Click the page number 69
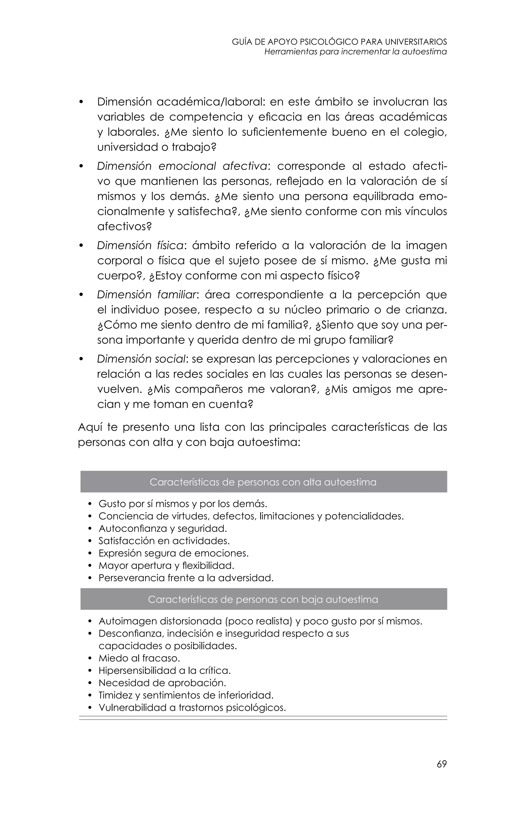point(441,764)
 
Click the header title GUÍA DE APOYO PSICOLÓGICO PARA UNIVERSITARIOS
point(339,42)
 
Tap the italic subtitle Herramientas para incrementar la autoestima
point(355,52)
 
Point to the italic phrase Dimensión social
point(142,359)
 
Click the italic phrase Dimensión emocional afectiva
point(182,166)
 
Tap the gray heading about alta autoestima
point(263,482)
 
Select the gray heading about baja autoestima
point(263,599)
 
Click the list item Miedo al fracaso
point(139,658)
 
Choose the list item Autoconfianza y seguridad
point(163,528)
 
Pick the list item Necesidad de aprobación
point(162,683)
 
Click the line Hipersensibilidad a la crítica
point(165,670)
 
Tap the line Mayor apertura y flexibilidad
point(166,566)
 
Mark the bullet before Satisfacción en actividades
point(90,541)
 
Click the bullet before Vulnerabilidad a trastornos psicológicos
point(90,708)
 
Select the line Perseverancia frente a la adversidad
point(186,578)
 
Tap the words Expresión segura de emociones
point(174,553)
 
